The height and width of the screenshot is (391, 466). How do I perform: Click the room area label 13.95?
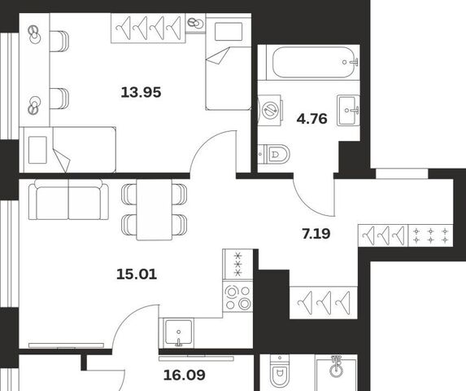(x=141, y=92)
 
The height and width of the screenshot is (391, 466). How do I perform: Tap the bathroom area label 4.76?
(x=311, y=119)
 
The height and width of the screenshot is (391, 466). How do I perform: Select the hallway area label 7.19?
(x=316, y=234)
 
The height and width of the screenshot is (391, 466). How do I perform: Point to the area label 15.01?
(x=137, y=274)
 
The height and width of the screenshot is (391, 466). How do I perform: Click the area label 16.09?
(x=185, y=376)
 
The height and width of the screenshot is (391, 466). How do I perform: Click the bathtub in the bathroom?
(x=314, y=63)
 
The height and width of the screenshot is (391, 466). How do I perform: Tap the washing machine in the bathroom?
(x=270, y=111)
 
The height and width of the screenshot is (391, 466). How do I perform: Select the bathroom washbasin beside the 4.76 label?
(x=348, y=111)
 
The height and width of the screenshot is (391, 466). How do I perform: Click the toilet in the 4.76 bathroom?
(x=273, y=154)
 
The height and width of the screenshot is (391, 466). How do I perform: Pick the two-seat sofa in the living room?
(x=68, y=200)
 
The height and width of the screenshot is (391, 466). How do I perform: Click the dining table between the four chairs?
(x=155, y=209)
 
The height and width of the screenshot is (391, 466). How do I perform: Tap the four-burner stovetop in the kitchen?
(x=237, y=296)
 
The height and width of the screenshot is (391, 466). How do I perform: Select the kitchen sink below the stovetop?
(x=178, y=332)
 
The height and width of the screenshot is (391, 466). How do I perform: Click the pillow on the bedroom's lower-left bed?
(x=37, y=150)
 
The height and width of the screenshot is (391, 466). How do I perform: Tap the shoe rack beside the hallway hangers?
(x=431, y=235)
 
